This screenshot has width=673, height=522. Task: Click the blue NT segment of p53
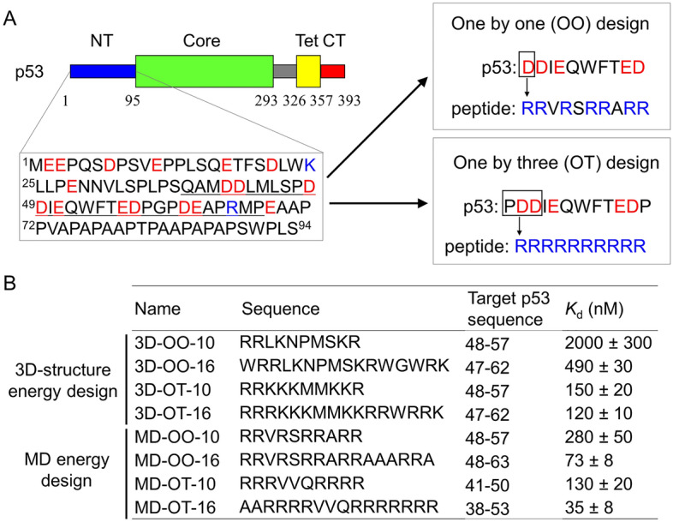point(102,71)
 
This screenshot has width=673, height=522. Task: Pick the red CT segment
point(331,71)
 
